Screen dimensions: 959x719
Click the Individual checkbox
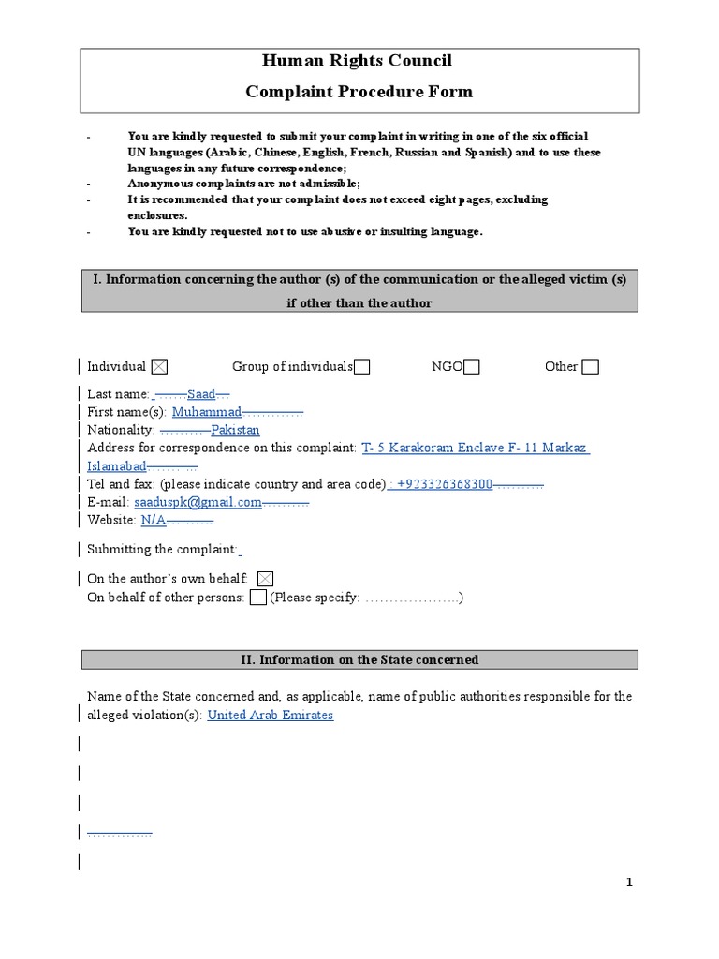point(159,367)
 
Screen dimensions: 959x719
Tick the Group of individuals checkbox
point(361,367)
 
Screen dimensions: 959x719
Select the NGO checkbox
point(472,367)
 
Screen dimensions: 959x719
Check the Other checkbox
point(590,367)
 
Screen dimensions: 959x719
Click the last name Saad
point(201,394)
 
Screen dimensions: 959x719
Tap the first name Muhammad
point(207,412)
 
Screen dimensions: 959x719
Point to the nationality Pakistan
point(235,430)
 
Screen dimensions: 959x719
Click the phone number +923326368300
point(445,484)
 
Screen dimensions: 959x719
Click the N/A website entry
point(154,520)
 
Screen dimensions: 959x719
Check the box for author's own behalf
point(265,580)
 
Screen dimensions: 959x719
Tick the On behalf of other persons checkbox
point(258,598)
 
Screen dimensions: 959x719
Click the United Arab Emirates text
point(270,715)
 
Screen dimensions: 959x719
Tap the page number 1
point(630,882)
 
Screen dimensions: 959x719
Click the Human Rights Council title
point(359,61)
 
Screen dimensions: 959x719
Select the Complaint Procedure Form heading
point(359,92)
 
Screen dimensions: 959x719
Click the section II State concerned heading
point(359,660)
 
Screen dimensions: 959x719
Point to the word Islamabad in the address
point(117,466)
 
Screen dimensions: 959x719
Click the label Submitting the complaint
point(162,550)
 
